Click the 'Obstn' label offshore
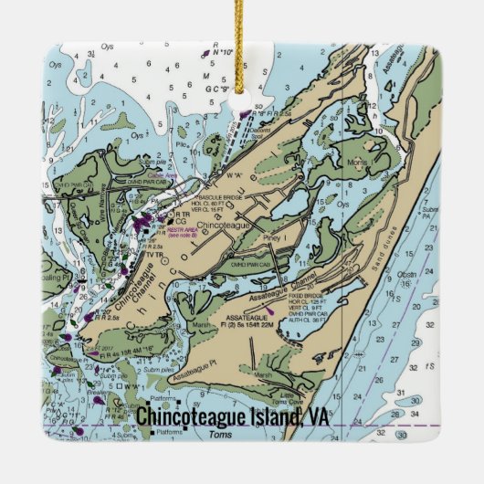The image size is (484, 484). point(432,273)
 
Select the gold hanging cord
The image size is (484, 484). point(242,46)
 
